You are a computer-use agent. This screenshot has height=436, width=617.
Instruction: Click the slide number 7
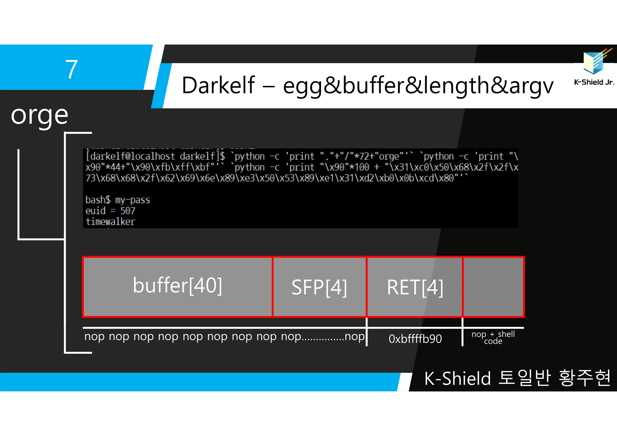click(x=71, y=69)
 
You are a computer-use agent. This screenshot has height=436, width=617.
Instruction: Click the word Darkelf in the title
click(x=218, y=85)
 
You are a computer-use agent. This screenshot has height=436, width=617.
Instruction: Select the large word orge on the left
click(x=40, y=115)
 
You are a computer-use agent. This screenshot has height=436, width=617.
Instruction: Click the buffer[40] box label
click(x=177, y=285)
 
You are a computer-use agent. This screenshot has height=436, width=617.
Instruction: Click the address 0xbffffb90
click(x=415, y=339)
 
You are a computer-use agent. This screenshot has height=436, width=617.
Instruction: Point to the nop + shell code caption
click(x=493, y=337)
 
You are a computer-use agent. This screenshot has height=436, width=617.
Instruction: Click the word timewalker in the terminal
click(x=110, y=222)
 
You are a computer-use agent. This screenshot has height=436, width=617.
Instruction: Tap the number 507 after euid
click(x=128, y=211)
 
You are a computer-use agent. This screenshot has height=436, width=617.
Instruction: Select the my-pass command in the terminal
click(x=132, y=200)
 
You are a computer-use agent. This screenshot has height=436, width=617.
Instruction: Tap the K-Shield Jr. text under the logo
click(x=594, y=83)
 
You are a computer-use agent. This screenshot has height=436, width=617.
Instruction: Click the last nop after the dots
click(x=355, y=336)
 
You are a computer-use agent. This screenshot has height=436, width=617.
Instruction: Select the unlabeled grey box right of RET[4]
click(x=493, y=287)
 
